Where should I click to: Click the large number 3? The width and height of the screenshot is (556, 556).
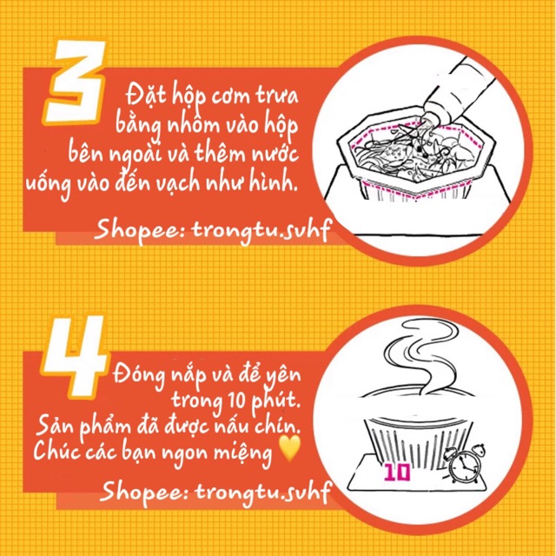click(76, 83)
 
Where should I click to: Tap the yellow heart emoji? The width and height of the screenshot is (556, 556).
click(289, 448)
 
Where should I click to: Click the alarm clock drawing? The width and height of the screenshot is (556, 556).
click(464, 462)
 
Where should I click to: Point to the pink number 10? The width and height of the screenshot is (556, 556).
click(398, 473)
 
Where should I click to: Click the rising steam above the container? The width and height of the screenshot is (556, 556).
click(419, 356)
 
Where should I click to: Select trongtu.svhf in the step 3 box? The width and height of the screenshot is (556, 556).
click(261, 230)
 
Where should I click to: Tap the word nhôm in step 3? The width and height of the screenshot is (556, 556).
click(193, 125)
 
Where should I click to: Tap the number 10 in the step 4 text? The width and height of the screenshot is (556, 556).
click(235, 400)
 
